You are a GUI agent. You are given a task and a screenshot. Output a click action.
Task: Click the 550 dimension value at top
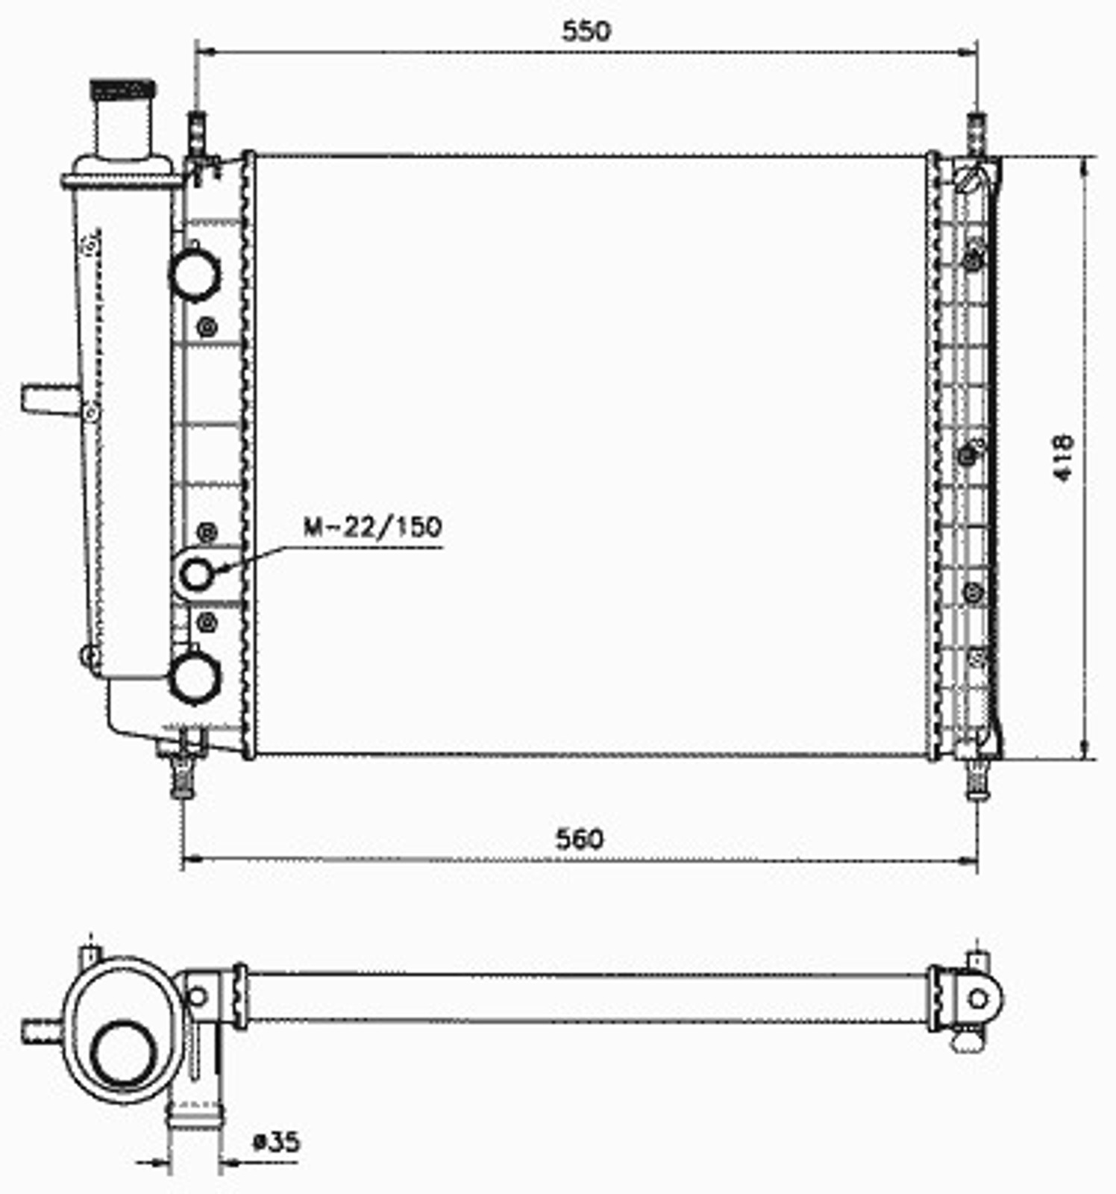(586, 31)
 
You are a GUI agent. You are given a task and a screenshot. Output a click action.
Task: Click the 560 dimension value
(580, 839)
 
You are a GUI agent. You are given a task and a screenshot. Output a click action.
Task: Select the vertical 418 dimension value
(1063, 457)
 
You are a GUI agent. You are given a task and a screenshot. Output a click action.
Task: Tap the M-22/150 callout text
(372, 527)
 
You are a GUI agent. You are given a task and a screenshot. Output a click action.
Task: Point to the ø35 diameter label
(275, 1141)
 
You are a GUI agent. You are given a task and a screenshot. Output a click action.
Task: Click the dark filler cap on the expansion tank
(123, 90)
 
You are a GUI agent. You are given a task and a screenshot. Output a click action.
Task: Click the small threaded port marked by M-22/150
(196, 575)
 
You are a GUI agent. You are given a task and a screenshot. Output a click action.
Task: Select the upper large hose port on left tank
(195, 275)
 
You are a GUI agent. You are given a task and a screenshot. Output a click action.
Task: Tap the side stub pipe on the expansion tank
(49, 398)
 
